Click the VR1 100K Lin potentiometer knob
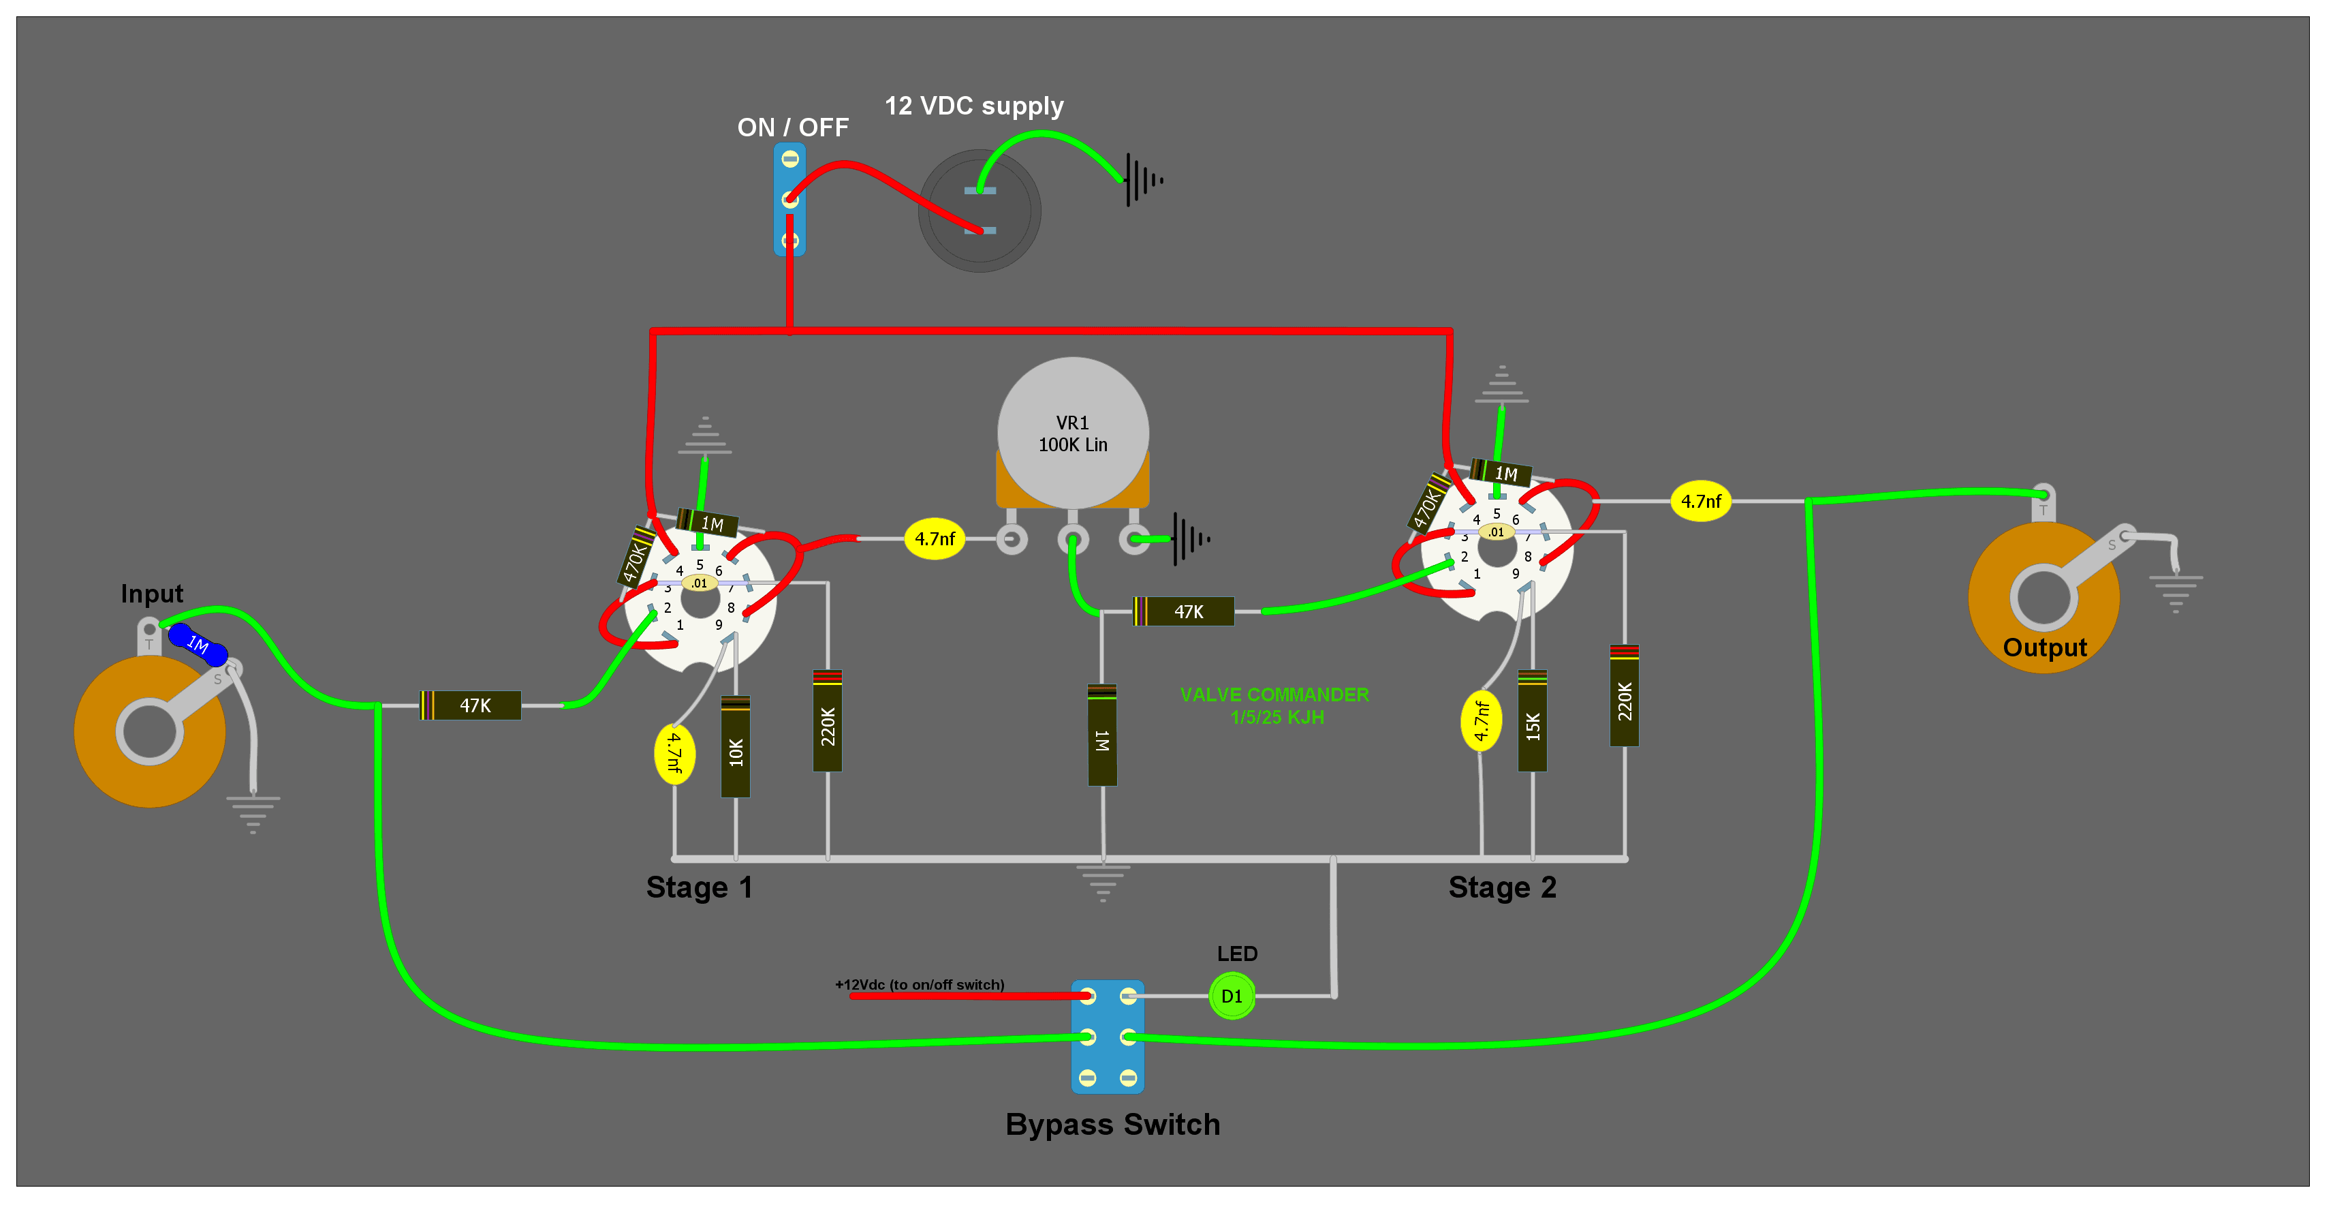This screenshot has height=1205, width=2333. click(x=1072, y=433)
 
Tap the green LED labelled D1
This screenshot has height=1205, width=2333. click(x=1232, y=996)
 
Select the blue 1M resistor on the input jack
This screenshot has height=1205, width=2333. click(x=198, y=644)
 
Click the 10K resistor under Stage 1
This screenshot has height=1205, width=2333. click(x=736, y=748)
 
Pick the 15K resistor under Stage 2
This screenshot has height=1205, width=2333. click(x=1533, y=722)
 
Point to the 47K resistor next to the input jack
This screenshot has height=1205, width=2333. click(x=471, y=705)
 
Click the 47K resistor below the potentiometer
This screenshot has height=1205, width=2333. click(x=1185, y=611)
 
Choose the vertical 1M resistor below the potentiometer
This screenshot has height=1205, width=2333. click(x=1102, y=735)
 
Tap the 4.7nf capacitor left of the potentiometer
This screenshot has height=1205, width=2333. click(x=935, y=539)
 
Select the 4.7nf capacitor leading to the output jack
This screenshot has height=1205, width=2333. click(x=1700, y=501)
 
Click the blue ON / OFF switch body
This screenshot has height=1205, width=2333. click(x=789, y=199)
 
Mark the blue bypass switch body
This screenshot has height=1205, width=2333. click(x=1108, y=1037)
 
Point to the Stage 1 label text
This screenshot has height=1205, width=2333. click(x=698, y=887)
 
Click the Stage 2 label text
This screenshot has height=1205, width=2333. click(x=1501, y=887)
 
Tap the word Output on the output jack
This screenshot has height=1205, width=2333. click(x=2044, y=647)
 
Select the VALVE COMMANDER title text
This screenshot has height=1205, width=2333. click(x=1274, y=696)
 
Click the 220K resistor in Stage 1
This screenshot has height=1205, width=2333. click(x=828, y=722)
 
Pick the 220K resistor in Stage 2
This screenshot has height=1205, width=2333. click(x=1624, y=697)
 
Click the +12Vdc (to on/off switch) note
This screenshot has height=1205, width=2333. click(x=920, y=985)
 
